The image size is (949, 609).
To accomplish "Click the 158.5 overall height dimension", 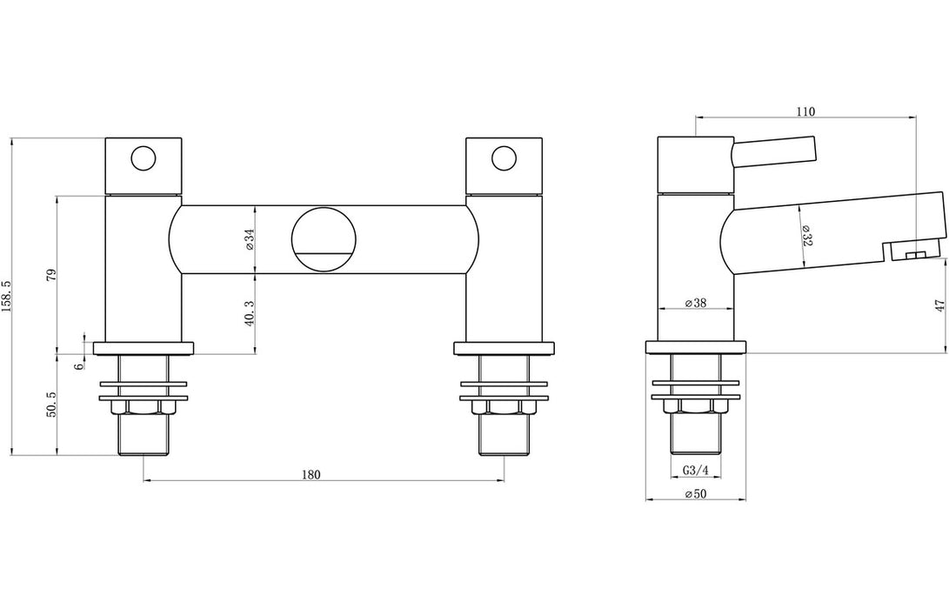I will [x=8, y=297].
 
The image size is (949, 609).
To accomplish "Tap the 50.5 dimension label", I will [x=50, y=405].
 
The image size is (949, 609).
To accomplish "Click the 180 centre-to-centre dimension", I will [x=311, y=474].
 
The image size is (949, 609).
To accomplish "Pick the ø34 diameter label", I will [x=249, y=239].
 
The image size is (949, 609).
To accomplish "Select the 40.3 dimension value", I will [x=249, y=313].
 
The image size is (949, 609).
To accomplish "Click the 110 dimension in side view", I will [x=805, y=111].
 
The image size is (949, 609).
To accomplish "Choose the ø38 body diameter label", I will [x=694, y=304].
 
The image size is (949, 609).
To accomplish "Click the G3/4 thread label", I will [x=695, y=471].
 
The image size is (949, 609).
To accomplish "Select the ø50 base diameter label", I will [x=694, y=494].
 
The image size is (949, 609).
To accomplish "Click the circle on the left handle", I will [x=143, y=158].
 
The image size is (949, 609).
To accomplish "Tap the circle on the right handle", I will [x=503, y=158].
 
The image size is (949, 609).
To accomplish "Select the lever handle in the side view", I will [x=774, y=151].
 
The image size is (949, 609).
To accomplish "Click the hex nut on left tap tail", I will [x=143, y=407].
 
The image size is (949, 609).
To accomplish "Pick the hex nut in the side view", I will [x=695, y=407].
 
